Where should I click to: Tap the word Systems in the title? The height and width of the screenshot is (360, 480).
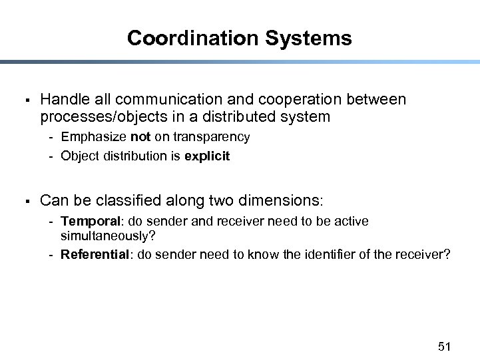pyautogui.click(x=308, y=38)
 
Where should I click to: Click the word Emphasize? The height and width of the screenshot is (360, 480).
pyautogui.click(x=93, y=137)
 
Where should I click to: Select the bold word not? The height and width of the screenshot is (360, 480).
pyautogui.click(x=140, y=137)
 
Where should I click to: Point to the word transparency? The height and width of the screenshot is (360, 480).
pyautogui.click(x=212, y=137)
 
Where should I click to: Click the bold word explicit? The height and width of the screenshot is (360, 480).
pyautogui.click(x=208, y=156)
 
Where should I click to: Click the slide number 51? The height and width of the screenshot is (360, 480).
pyautogui.click(x=445, y=346)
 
